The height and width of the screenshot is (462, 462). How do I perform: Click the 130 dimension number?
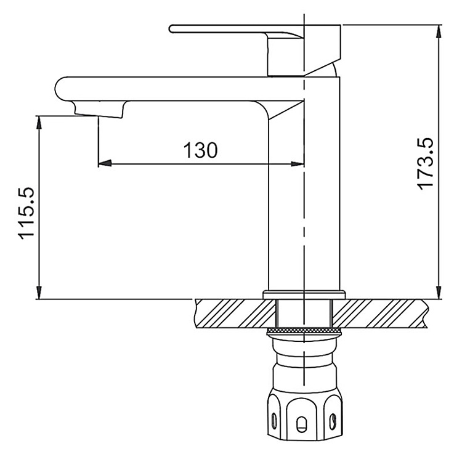[x=200, y=150]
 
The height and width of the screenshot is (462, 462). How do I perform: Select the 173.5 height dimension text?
[x=425, y=163]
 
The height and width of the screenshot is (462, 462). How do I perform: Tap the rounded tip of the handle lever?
[x=173, y=28]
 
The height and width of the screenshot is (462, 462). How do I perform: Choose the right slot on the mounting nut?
[x=333, y=420]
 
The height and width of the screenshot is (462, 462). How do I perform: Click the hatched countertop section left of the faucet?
[x=231, y=313]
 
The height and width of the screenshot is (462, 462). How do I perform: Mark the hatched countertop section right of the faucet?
[x=382, y=313]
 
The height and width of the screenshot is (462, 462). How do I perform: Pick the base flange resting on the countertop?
[x=304, y=294]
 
